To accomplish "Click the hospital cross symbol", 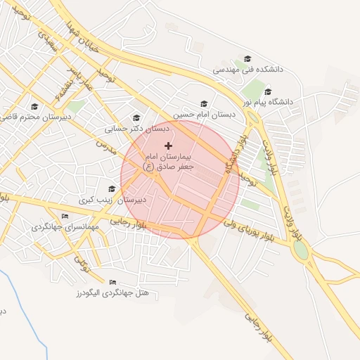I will point(168,145).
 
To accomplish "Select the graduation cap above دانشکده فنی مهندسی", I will point(247,58).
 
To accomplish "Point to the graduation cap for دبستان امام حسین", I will point(204,103).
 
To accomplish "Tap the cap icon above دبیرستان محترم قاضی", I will point(34,107).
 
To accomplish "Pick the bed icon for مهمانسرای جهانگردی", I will point(65,216).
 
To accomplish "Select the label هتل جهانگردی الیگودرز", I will point(115,292).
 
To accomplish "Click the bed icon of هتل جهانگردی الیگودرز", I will point(112,282).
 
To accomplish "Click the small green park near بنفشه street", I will point(76,106).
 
